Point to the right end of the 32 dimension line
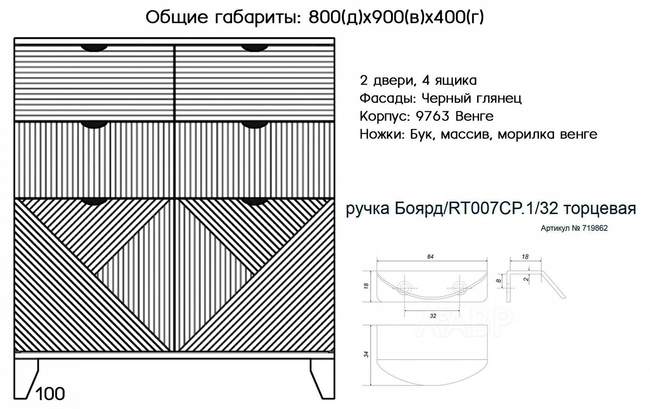coord(460,310)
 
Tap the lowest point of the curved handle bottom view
coord(432,385)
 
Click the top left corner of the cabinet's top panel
coord(14,38)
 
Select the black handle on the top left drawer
coord(94,48)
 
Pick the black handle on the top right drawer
coord(255,48)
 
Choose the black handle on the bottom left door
coord(94,202)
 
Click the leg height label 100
coord(50,394)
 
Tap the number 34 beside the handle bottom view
coord(366,354)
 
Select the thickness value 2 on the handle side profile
coord(526,279)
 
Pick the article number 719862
coord(594,228)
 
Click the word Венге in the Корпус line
coord(474,116)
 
